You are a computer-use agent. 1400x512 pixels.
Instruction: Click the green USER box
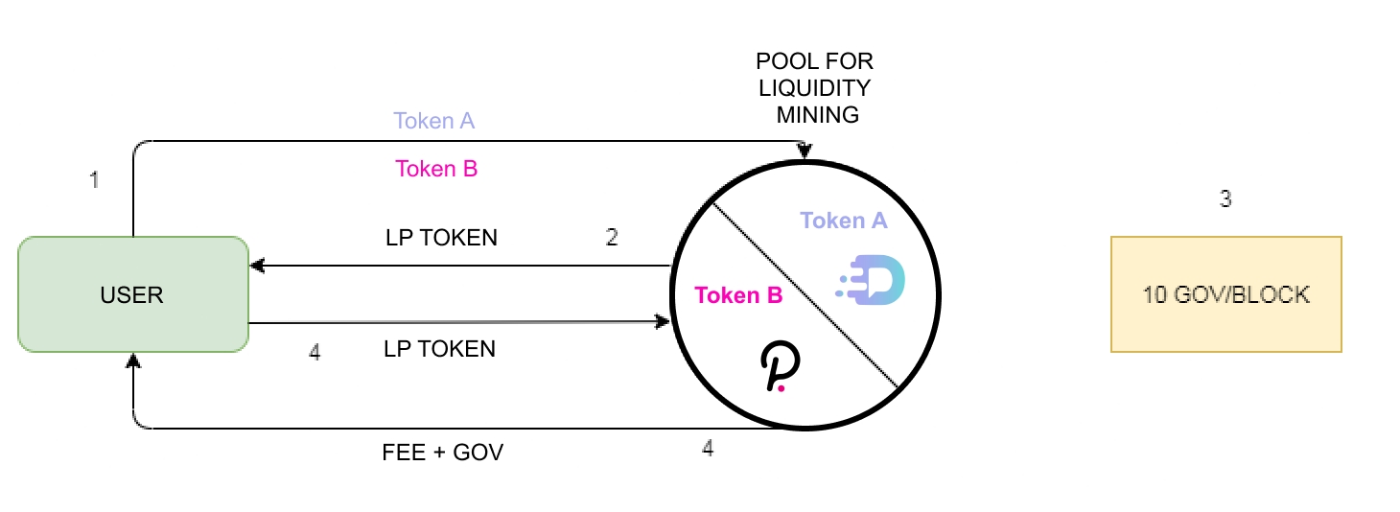(133, 294)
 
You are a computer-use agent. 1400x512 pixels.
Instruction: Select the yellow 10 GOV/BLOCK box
(1225, 294)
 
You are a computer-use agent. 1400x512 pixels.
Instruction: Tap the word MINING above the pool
(818, 116)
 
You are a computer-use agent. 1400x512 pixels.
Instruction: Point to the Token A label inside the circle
(844, 221)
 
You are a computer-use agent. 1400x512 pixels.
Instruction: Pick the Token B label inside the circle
(738, 295)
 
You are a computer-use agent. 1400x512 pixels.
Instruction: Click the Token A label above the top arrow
(434, 122)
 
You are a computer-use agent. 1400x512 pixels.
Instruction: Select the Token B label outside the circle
(436, 170)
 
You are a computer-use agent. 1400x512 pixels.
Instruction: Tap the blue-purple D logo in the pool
(873, 281)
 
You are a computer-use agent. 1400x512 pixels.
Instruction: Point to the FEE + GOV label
(442, 453)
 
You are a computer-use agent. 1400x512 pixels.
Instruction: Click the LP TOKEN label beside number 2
(441, 238)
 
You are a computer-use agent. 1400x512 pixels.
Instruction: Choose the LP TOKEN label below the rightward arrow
(439, 349)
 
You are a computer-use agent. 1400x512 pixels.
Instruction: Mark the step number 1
(94, 179)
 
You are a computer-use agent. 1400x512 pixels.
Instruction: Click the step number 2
(612, 238)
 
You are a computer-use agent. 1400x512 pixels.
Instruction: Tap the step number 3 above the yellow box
(1225, 199)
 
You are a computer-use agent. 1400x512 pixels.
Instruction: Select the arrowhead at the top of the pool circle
(805, 151)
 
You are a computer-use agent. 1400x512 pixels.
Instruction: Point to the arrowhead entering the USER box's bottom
(133, 361)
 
